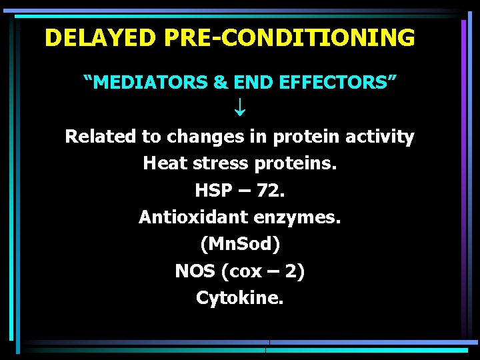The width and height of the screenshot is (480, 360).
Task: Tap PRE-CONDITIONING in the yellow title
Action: tap(289, 38)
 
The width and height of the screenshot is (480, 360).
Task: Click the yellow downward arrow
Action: tap(239, 107)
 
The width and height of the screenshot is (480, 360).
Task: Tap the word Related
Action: tap(101, 137)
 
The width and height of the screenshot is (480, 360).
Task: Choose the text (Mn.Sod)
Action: tap(240, 245)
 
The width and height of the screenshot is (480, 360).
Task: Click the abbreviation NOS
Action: tap(195, 271)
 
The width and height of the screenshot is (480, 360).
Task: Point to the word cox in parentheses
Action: tap(245, 272)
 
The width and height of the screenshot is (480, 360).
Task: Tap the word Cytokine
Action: tap(240, 298)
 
